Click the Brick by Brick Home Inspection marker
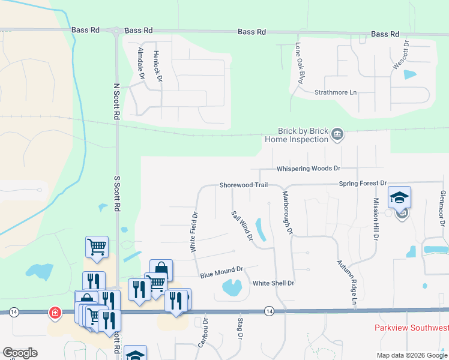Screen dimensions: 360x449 pyautogui.click(x=337, y=134)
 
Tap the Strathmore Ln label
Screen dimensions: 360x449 pyautogui.click(x=336, y=93)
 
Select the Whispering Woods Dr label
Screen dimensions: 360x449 pyautogui.click(x=308, y=169)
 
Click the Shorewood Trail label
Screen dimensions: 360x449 pyautogui.click(x=243, y=185)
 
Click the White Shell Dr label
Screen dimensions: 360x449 pyautogui.click(x=273, y=283)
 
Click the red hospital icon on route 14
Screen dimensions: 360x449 pyautogui.click(x=55, y=313)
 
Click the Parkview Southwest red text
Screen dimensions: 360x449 pyautogui.click(x=411, y=328)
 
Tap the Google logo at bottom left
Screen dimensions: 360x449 pyautogui.click(x=20, y=353)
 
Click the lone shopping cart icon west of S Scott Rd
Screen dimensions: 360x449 pyautogui.click(x=97, y=246)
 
